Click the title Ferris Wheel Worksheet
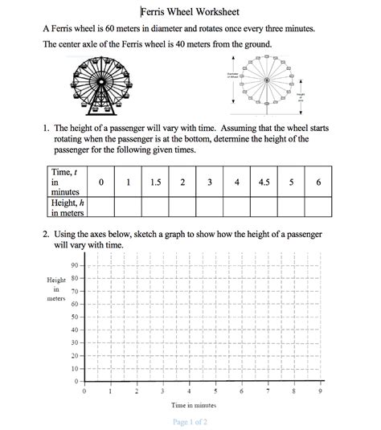(x=190, y=12)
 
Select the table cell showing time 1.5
(x=155, y=182)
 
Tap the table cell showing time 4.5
(x=264, y=182)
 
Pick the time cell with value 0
(x=101, y=182)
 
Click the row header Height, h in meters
(x=68, y=207)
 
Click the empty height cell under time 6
(x=319, y=207)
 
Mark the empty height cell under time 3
(x=209, y=207)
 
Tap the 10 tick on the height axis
(x=74, y=368)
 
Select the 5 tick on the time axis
(x=215, y=391)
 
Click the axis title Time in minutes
(x=194, y=405)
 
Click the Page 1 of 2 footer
(x=190, y=422)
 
